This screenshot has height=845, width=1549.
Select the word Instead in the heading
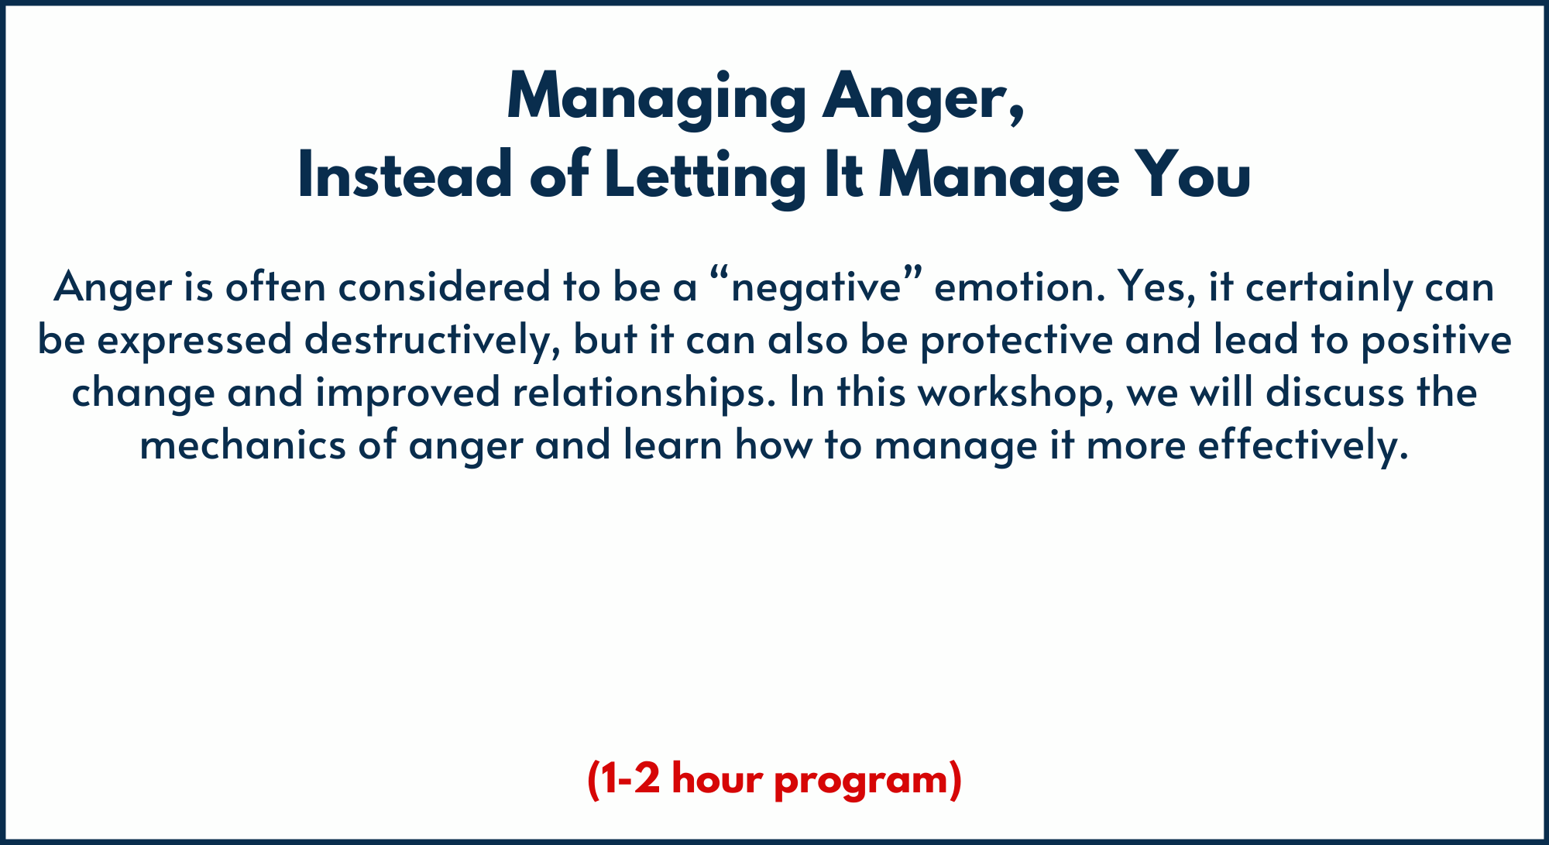point(404,175)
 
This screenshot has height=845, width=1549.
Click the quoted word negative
point(817,288)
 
